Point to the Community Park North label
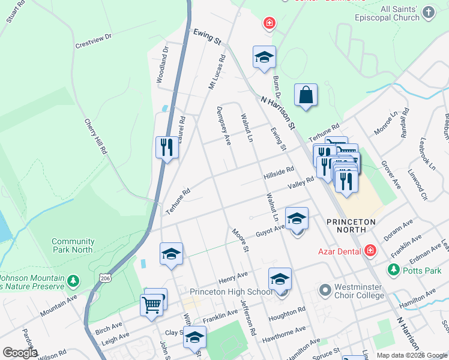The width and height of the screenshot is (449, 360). [73, 245]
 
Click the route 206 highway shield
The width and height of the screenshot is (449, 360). [106, 278]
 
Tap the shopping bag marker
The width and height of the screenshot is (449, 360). [306, 95]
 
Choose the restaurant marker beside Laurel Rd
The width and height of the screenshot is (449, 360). [167, 147]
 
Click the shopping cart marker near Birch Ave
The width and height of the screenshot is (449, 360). [152, 304]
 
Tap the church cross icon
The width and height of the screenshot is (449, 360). [428, 13]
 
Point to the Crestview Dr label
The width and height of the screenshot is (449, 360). [94, 40]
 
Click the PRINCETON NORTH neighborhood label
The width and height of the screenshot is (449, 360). [351, 226]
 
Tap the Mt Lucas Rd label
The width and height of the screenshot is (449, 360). [216, 74]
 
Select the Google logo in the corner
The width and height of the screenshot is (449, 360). [20, 352]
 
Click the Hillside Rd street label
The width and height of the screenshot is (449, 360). [279, 174]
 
